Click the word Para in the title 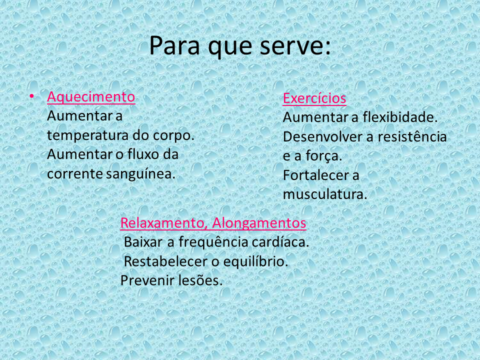tap(174, 45)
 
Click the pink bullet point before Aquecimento tap(31, 96)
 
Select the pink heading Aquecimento tap(91, 97)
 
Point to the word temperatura tap(87, 135)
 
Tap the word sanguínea tap(141, 174)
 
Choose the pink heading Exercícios tap(314, 98)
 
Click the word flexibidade tap(400, 117)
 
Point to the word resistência tap(412, 136)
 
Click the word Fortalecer tap(316, 175)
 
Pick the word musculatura tap(325, 194)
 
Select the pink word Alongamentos tap(259, 223)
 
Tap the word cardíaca tap(280, 242)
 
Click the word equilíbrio tap(255, 261)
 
